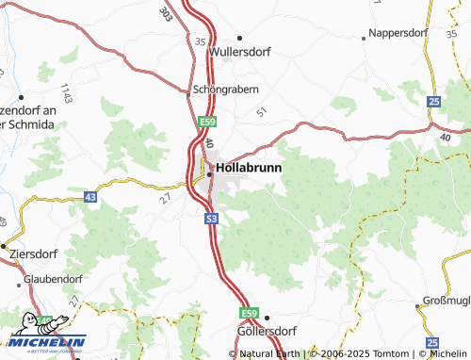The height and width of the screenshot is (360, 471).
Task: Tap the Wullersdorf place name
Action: pos(245,53)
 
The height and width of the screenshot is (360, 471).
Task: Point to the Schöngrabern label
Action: pos(225,90)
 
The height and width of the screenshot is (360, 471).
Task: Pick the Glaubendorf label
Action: pos(53,279)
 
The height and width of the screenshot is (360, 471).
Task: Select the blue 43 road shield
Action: pos(89,197)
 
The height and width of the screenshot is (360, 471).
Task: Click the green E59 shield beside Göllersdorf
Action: pos(248,313)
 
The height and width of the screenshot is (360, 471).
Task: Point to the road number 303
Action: pos(167,14)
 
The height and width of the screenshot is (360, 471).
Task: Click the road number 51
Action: pos(261,112)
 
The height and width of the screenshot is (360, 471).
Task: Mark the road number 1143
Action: pos(66,93)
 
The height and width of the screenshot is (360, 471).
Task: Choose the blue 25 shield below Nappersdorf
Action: pos(433,101)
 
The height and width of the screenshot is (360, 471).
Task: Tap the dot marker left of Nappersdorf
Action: pos(365,38)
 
